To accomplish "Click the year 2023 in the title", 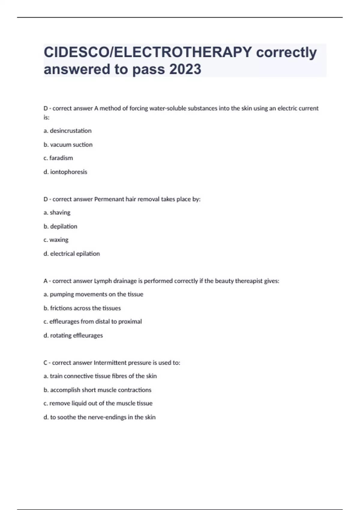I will (185, 69).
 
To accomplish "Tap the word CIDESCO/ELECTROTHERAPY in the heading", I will (148, 52).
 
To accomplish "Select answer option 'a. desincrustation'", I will (67, 131).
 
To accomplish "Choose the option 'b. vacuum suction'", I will (68, 145).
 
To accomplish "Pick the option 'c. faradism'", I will (58, 158).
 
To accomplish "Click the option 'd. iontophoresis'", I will (65, 172).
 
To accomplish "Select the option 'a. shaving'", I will (57, 213).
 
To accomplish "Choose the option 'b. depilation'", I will (60, 226).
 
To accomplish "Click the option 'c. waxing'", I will (56, 240).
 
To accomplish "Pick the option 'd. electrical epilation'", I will (72, 254).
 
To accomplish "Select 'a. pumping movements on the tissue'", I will (93, 294).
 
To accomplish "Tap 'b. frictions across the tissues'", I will (82, 308).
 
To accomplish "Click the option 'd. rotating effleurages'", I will (73, 335).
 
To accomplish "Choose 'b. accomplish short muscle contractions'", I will (97, 390).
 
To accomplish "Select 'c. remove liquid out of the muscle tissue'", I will (98, 403).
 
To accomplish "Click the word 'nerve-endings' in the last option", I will (107, 417).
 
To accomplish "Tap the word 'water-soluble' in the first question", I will (168, 108).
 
